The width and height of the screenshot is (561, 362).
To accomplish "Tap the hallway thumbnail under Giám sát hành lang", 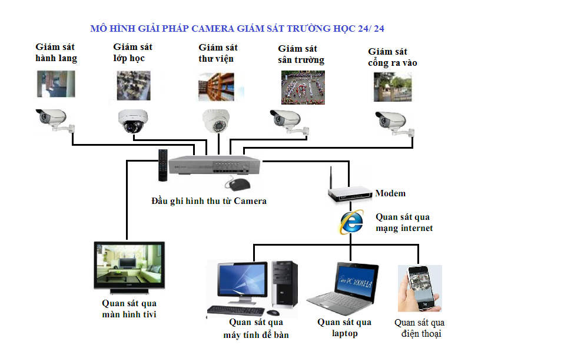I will (x=57, y=84).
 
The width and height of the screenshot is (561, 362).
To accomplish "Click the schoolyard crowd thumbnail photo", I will (x=303, y=88).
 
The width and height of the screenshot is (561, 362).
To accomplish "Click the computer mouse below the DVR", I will (x=238, y=185).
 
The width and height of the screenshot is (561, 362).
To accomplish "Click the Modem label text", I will (x=390, y=193).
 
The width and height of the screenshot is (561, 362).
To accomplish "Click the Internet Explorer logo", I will (x=351, y=223).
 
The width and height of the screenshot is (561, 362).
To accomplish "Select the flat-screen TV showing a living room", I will (x=130, y=268).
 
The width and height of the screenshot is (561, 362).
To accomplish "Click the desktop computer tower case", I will (x=284, y=284).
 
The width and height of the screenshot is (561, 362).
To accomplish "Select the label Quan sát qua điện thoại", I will (x=419, y=328).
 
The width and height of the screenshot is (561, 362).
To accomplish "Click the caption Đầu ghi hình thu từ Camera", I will (x=209, y=201).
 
